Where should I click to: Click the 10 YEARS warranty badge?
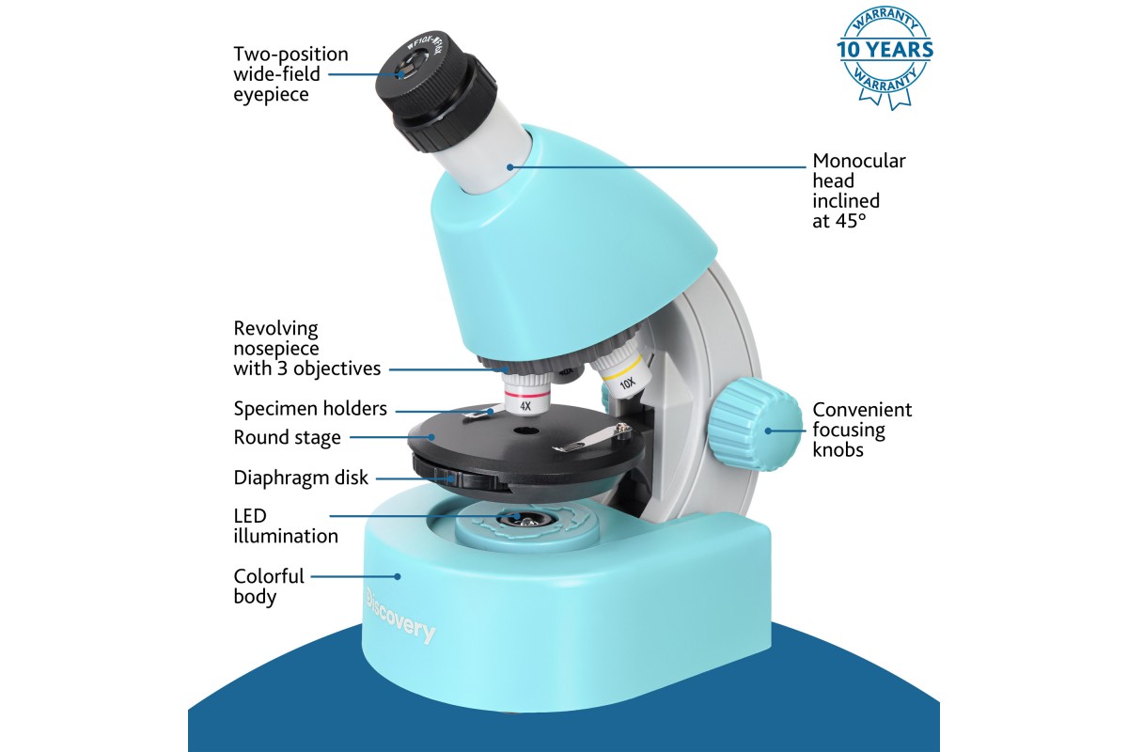point(885,56)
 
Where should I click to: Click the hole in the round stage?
point(525,431)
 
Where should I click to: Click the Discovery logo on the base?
point(400,616)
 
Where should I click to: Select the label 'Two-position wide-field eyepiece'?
point(290,74)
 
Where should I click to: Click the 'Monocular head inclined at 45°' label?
point(859,191)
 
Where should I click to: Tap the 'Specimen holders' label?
point(310,409)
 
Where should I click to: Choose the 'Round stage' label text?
point(287,437)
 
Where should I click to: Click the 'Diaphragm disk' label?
point(301,478)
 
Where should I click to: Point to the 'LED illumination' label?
point(286,525)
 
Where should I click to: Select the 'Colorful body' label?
point(269,587)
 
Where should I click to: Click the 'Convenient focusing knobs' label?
point(862,430)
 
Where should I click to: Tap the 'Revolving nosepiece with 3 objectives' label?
point(307,348)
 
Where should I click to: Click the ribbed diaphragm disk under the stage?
point(460,474)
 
